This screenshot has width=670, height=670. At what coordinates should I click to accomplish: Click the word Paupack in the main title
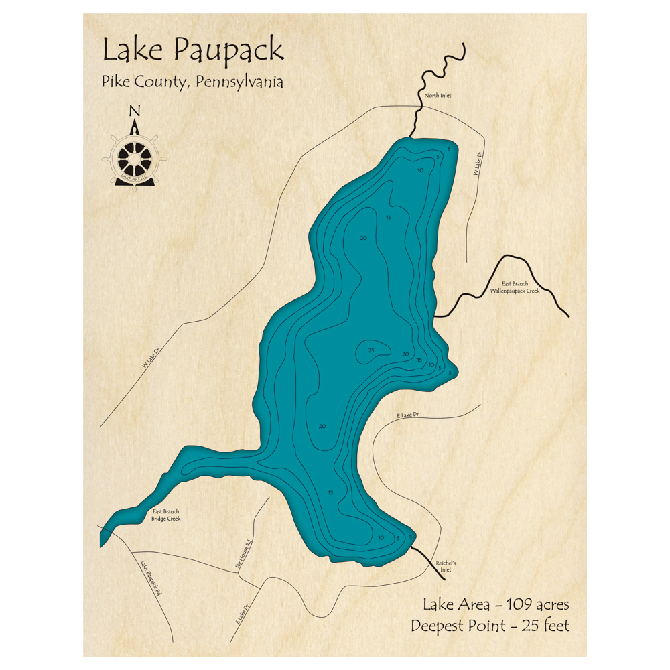tap(228, 51)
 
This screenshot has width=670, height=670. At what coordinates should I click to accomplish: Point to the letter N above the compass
tap(135, 112)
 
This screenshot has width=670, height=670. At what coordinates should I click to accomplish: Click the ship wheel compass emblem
tap(135, 159)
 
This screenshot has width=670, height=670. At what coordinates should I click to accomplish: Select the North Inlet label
tap(438, 96)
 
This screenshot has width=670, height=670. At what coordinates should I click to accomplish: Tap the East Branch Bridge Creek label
tap(165, 515)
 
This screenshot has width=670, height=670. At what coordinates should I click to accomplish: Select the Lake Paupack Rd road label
tap(151, 580)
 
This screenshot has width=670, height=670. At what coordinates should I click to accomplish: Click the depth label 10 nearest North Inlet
tap(420, 170)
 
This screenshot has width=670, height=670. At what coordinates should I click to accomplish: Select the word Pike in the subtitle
tap(115, 82)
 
